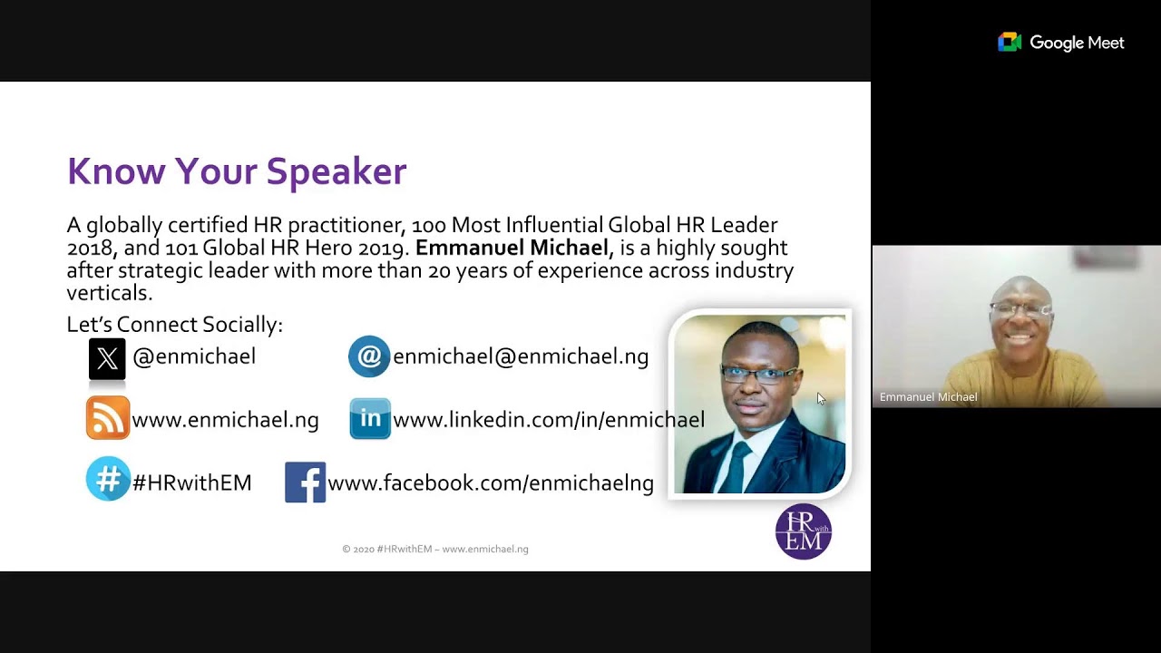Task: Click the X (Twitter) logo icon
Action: tap(107, 359)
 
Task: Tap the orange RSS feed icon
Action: tap(108, 419)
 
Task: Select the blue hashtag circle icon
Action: tap(108, 479)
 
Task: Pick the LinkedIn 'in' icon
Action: tap(370, 419)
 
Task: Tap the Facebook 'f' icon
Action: tap(305, 482)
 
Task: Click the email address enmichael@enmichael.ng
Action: tap(520, 357)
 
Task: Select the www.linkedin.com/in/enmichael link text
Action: tap(548, 420)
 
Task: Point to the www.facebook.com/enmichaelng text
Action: tap(490, 483)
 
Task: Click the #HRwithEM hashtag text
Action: tap(191, 483)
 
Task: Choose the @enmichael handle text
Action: tap(194, 357)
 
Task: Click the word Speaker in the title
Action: tap(336, 171)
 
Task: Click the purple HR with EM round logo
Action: tap(804, 531)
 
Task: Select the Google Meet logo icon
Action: tap(1010, 43)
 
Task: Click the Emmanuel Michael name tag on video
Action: tap(928, 397)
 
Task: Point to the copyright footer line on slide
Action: tap(435, 549)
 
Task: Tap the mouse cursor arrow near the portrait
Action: tap(821, 399)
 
